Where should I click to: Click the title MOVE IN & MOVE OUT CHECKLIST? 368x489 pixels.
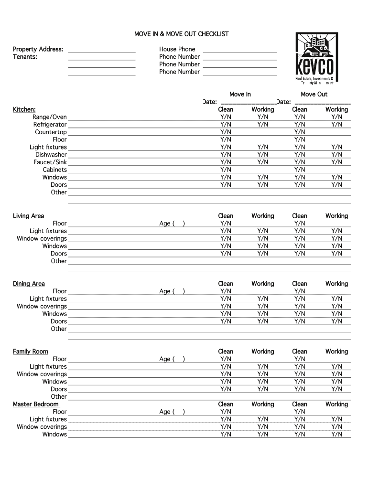tap(181, 34)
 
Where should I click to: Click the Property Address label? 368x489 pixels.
tap(38, 49)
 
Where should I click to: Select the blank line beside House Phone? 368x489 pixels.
tap(240, 50)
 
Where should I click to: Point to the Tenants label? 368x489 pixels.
tap(25, 57)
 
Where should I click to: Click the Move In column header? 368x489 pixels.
tap(240, 95)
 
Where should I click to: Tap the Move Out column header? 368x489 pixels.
tap(314, 95)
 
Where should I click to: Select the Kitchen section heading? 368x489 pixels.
tap(24, 110)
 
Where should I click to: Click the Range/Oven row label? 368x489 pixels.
tap(50, 117)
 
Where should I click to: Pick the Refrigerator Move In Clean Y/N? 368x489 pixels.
tap(226, 125)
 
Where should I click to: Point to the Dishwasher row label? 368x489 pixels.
tap(51, 155)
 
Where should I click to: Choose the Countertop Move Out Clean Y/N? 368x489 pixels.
tap(300, 132)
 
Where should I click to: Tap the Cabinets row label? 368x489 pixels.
tap(54, 170)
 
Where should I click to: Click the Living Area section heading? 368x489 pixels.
tap(28, 216)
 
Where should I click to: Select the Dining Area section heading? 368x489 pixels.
tap(29, 284)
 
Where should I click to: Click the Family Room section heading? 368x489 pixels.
tap(30, 352)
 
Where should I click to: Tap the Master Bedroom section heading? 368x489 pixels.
tap(36, 404)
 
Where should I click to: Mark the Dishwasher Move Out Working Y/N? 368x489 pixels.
tap(336, 155)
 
